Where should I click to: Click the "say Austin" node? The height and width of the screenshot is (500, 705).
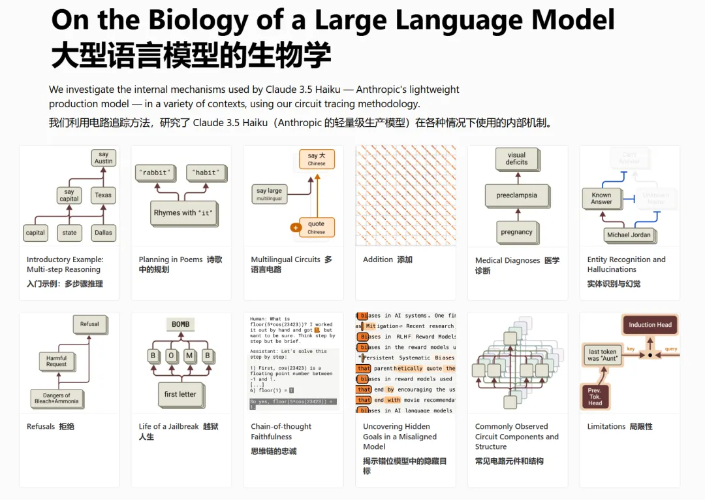click(x=103, y=158)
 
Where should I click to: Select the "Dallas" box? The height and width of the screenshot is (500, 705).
click(x=103, y=232)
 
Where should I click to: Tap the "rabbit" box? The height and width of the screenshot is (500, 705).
click(x=156, y=173)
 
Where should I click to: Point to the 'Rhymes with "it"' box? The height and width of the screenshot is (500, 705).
click(x=183, y=213)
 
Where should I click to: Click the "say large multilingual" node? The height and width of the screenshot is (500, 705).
click(x=269, y=194)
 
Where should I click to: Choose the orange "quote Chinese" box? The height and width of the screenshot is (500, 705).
click(x=317, y=227)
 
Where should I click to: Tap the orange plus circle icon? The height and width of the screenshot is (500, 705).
click(x=296, y=227)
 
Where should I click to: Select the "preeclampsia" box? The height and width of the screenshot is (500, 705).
click(x=516, y=195)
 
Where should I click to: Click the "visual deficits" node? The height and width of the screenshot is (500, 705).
click(x=516, y=159)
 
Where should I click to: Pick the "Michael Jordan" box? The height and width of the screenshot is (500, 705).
click(x=629, y=235)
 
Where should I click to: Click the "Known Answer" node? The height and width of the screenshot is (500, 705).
click(x=601, y=198)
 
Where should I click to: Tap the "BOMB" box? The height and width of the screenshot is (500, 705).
click(x=181, y=324)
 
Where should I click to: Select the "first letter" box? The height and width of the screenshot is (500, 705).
click(x=180, y=394)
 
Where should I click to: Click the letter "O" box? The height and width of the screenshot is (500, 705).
click(x=171, y=356)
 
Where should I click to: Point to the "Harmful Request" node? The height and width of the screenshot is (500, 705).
click(x=57, y=361)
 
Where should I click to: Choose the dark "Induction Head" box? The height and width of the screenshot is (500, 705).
click(x=650, y=325)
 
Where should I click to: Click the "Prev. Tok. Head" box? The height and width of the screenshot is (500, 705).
click(x=595, y=397)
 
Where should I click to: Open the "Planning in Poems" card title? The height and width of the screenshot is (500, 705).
click(x=170, y=259)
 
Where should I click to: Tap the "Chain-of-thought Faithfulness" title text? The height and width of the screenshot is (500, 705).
click(x=281, y=431)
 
